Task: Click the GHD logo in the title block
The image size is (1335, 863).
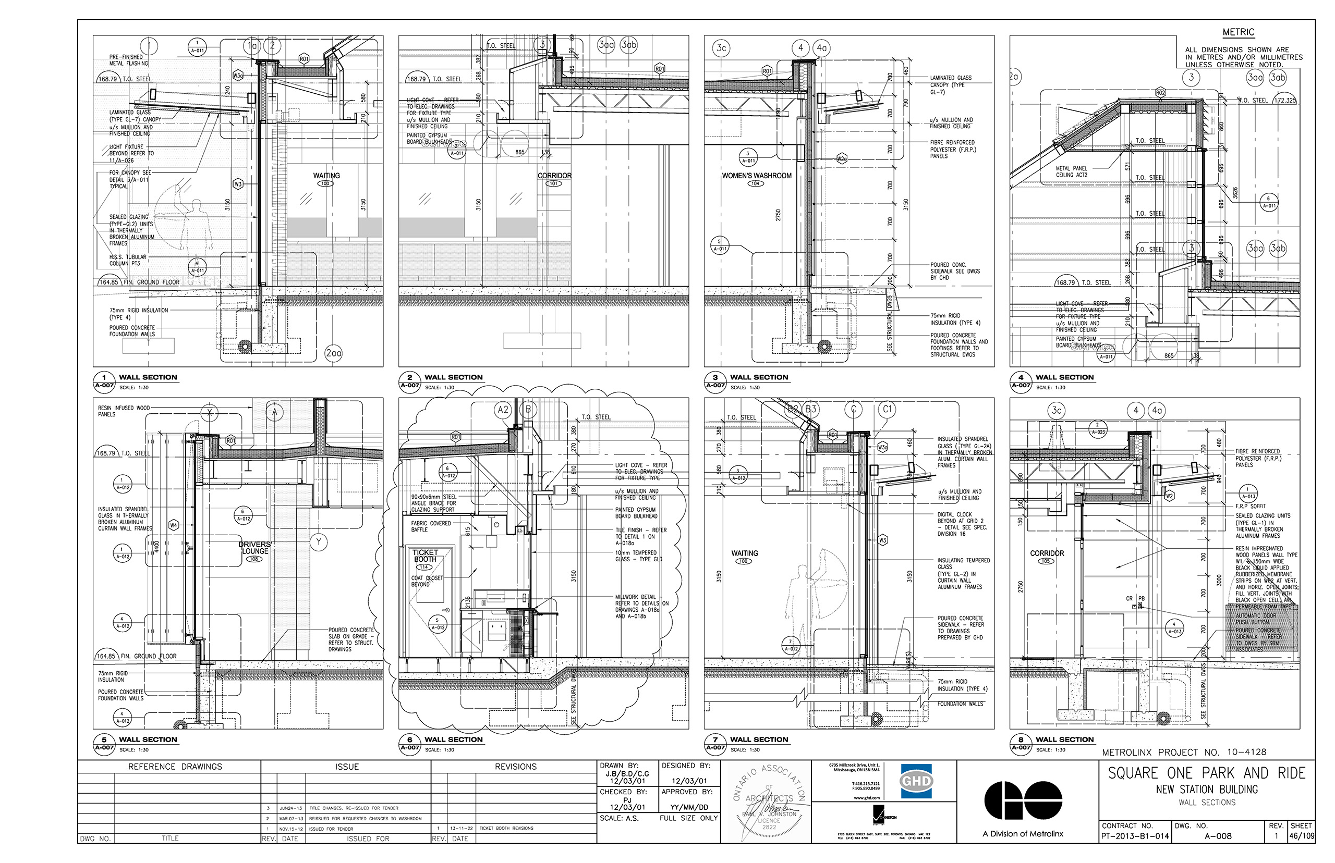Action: [916, 781]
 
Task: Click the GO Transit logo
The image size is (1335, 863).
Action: [1023, 800]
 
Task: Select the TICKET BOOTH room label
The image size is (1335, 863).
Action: [425, 556]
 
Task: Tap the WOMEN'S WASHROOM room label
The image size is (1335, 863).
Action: [756, 176]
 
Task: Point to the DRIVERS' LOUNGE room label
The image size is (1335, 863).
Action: [254, 548]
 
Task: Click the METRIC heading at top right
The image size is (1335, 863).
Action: [1238, 32]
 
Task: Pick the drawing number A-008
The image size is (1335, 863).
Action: [1218, 836]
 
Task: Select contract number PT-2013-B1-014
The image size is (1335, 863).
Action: [1135, 836]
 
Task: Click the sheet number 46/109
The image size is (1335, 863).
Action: [1301, 836]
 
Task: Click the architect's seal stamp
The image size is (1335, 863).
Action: [769, 802]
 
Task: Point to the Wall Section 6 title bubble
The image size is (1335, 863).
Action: [409, 744]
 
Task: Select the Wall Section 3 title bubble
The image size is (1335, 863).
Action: [715, 381]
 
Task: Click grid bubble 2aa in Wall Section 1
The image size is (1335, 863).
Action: [333, 353]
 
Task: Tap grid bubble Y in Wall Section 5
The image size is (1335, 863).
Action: [319, 542]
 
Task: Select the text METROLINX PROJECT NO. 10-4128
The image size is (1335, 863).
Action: [1184, 752]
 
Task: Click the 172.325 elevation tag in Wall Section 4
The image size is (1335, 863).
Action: [1284, 100]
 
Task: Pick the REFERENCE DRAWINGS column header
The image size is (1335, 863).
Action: [175, 767]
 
